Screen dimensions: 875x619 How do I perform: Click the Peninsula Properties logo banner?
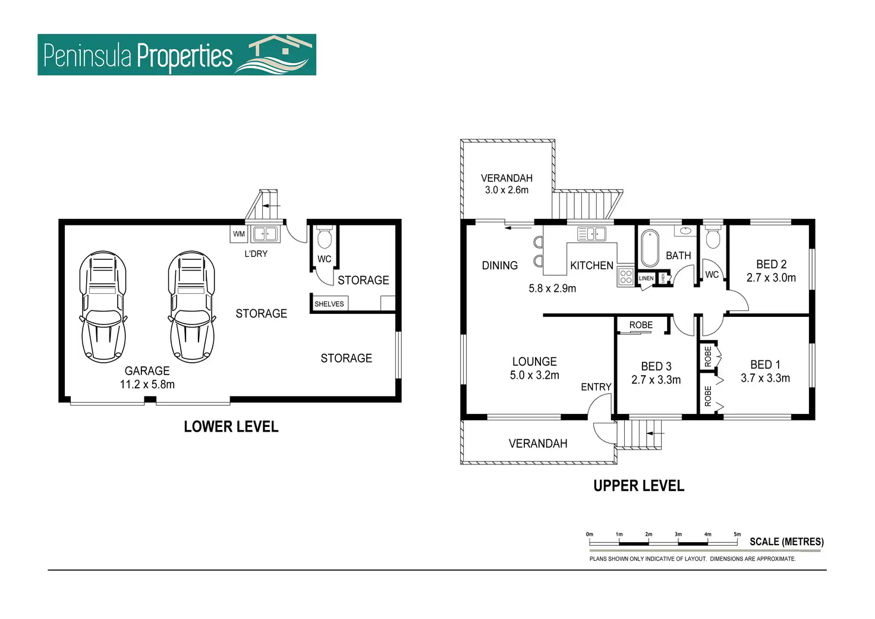(x=177, y=54)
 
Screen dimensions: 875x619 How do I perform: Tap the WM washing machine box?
(x=239, y=234)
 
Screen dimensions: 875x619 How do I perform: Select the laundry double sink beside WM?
(x=265, y=234)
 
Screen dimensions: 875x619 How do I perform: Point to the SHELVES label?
(x=329, y=304)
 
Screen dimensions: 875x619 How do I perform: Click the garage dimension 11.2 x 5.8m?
(x=147, y=384)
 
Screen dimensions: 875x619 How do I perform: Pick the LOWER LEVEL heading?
(x=231, y=426)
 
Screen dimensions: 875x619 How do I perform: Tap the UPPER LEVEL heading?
(x=638, y=486)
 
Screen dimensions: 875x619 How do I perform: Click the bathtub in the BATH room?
(x=650, y=248)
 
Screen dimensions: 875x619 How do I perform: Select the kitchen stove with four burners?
(x=626, y=276)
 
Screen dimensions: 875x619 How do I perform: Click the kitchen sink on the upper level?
(x=591, y=234)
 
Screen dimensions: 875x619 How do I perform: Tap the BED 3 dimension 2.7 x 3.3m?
(x=656, y=379)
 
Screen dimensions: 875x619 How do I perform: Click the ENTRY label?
(x=596, y=387)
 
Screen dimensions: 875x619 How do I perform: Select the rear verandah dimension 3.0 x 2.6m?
(x=506, y=190)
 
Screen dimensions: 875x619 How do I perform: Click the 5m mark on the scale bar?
(x=737, y=534)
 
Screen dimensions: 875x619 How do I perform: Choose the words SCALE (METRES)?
(x=786, y=542)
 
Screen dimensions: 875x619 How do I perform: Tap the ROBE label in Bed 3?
(x=641, y=325)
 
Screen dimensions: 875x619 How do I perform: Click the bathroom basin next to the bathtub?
(x=685, y=231)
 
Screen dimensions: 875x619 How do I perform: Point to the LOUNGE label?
(x=534, y=362)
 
